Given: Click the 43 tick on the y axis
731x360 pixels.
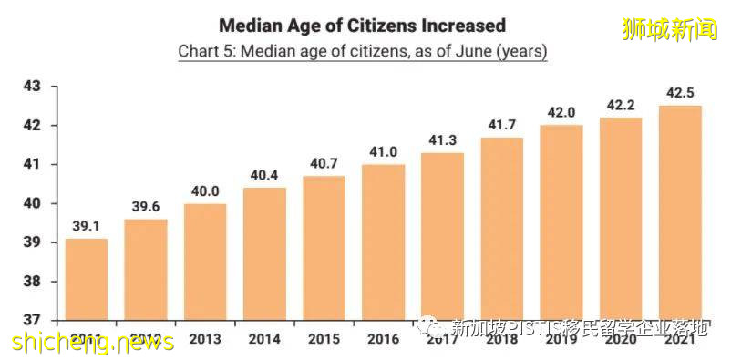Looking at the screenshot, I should (x=31, y=87).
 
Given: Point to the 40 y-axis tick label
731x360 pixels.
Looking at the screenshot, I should (x=31, y=204).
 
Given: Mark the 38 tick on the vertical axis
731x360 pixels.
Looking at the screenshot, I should (x=31, y=283).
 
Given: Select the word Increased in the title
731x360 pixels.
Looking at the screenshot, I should (x=460, y=25).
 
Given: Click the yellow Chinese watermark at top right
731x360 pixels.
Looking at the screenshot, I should (x=670, y=28).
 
